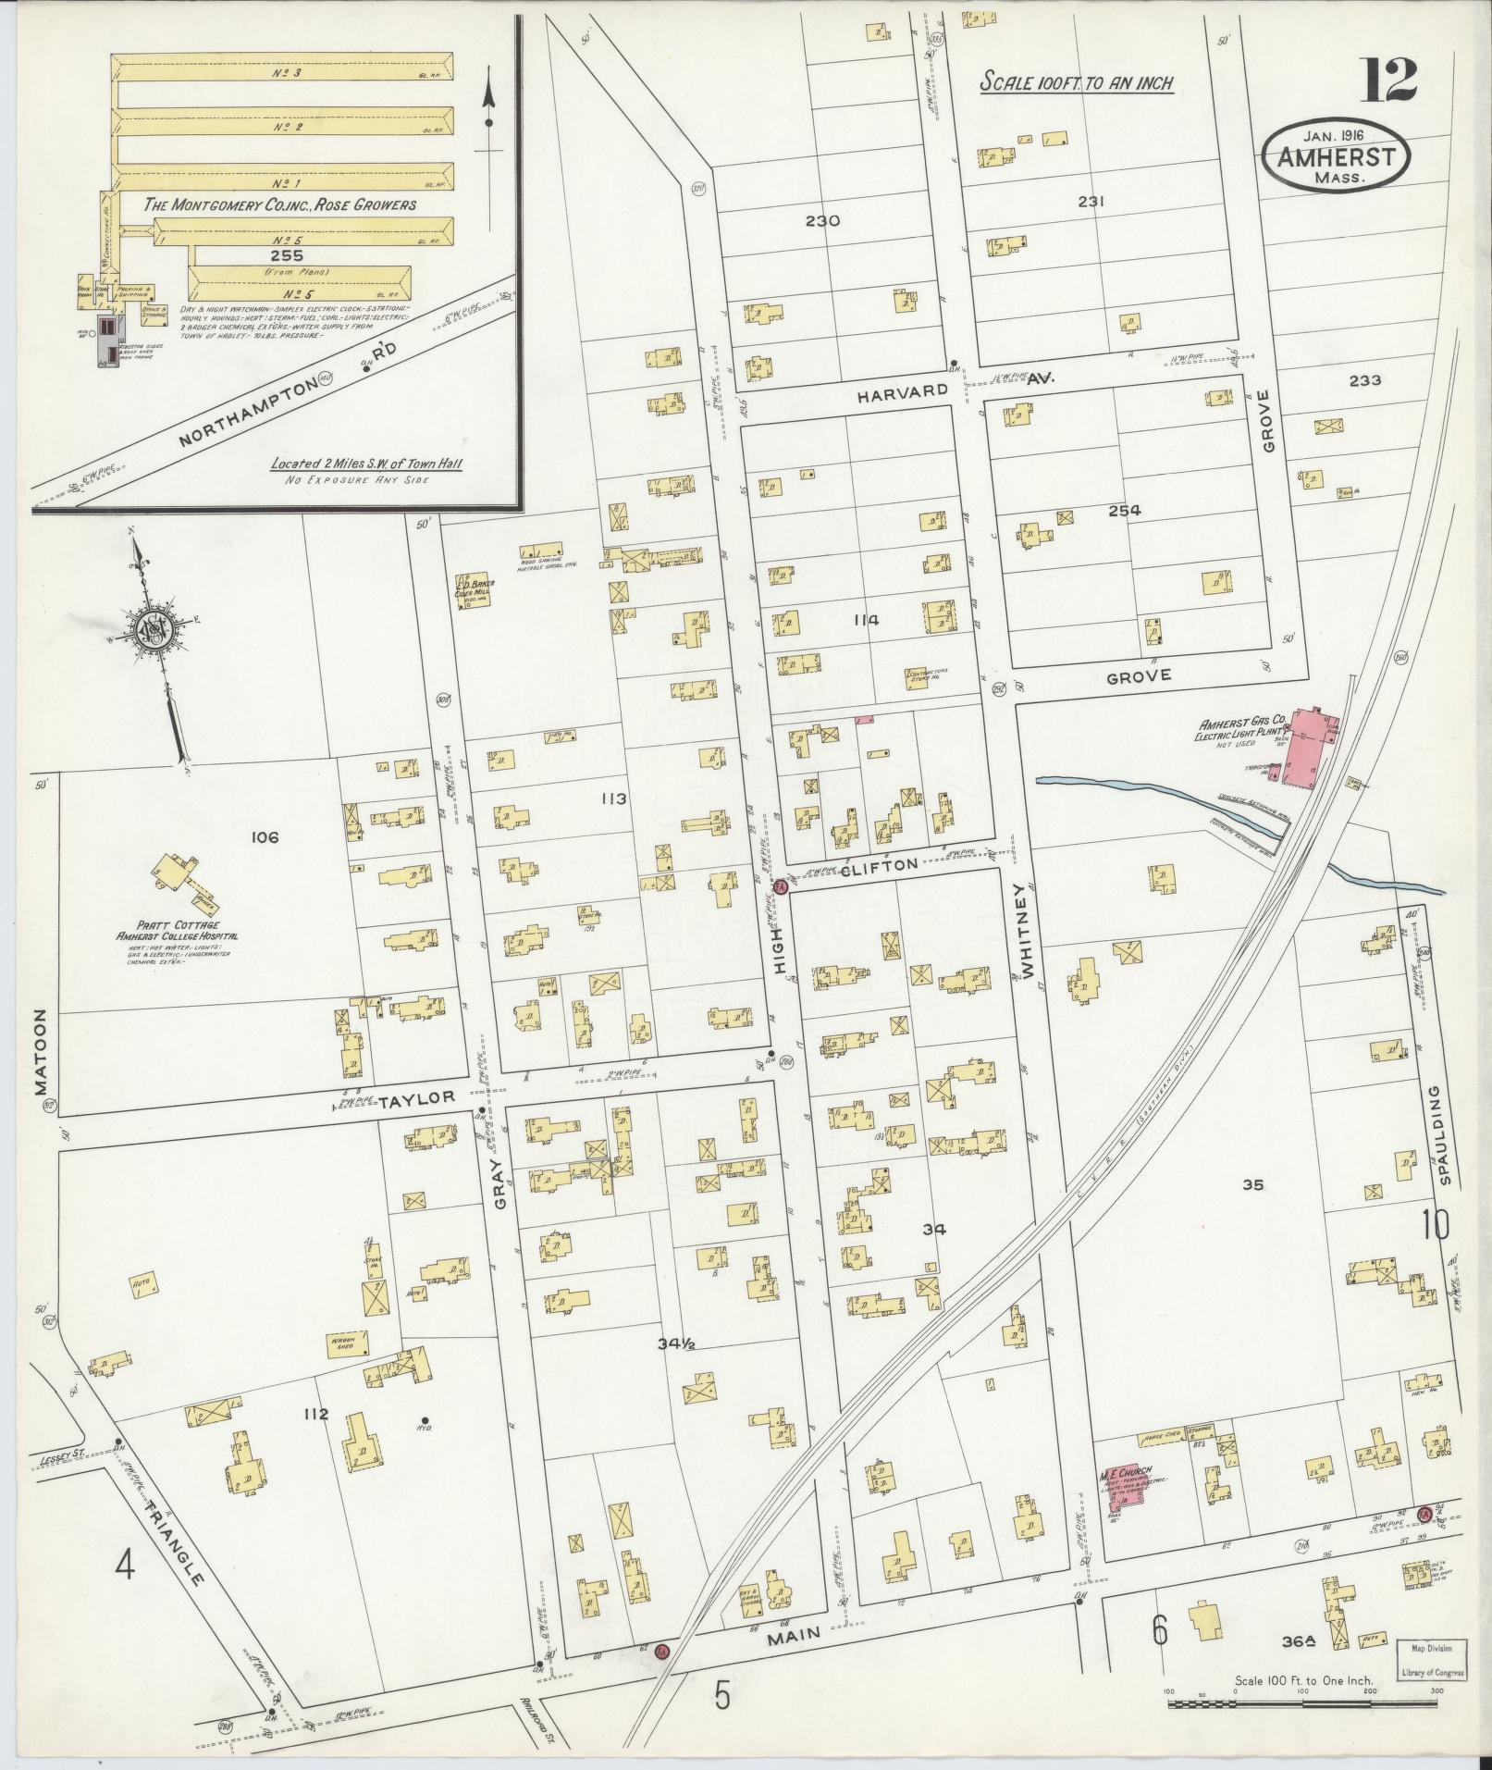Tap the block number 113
click(613, 798)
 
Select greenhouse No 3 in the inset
click(287, 72)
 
